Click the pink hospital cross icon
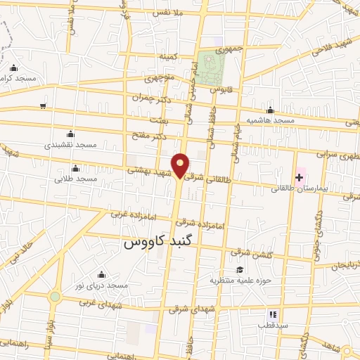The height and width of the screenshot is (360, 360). (x=299, y=176)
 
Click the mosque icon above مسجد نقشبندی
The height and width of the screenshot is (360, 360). (x=70, y=134)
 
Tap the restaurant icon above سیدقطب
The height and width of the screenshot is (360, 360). (x=273, y=314)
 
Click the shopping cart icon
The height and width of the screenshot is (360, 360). (x=43, y=105)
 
